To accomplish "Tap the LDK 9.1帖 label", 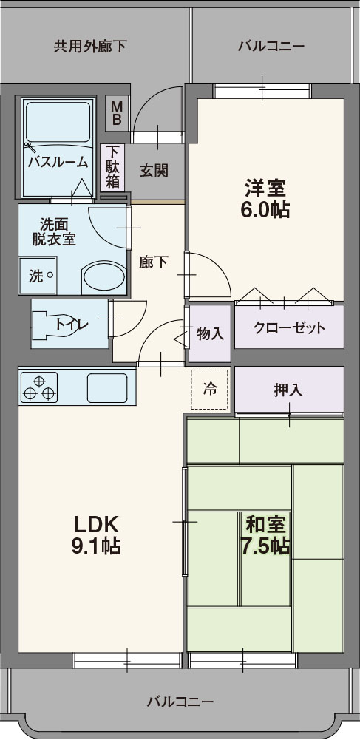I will click(x=97, y=534).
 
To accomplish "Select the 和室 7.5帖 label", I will click(x=266, y=535).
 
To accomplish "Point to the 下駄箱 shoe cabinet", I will click(x=112, y=168).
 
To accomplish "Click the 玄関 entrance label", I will click(x=154, y=171).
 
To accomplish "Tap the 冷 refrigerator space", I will click(x=210, y=389).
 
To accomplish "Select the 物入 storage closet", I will click(x=210, y=333).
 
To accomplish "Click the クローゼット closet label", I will click(x=289, y=327).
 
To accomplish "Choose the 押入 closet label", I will click(x=288, y=390).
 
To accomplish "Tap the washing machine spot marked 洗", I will click(x=37, y=276).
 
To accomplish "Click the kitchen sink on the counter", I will click(x=108, y=387).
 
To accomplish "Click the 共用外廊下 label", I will click(x=89, y=47).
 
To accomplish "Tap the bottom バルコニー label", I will click(x=180, y=701).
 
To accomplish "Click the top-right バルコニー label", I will click(x=271, y=47).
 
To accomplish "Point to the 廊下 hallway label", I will click(x=154, y=262).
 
